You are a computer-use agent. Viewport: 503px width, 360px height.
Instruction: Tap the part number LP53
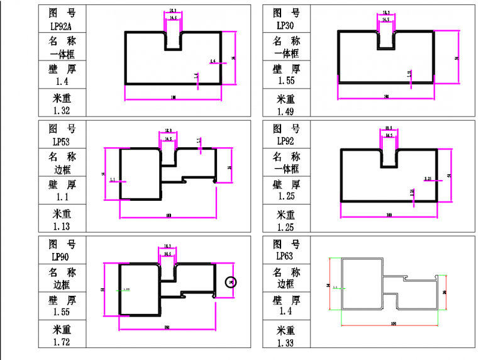click(61, 142)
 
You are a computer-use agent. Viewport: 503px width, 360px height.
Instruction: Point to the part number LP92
click(285, 142)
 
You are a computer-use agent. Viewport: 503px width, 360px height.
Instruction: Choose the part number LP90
click(61, 257)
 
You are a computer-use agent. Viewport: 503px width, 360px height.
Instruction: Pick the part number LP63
click(285, 257)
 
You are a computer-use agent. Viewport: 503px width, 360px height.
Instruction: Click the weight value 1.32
click(61, 111)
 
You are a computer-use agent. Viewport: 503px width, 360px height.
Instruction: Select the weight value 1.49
click(285, 112)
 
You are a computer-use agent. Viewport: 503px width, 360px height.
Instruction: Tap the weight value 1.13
click(61, 227)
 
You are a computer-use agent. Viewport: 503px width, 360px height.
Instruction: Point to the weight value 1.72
click(61, 342)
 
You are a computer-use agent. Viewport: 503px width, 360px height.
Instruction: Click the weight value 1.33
click(285, 342)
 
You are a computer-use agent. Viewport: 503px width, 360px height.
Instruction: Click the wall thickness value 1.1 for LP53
click(61, 197)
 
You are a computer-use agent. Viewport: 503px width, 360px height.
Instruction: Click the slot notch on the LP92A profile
click(174, 41)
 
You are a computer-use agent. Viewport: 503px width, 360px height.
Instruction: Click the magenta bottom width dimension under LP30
click(386, 98)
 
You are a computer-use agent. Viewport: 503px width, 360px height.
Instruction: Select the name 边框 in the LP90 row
click(61, 284)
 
